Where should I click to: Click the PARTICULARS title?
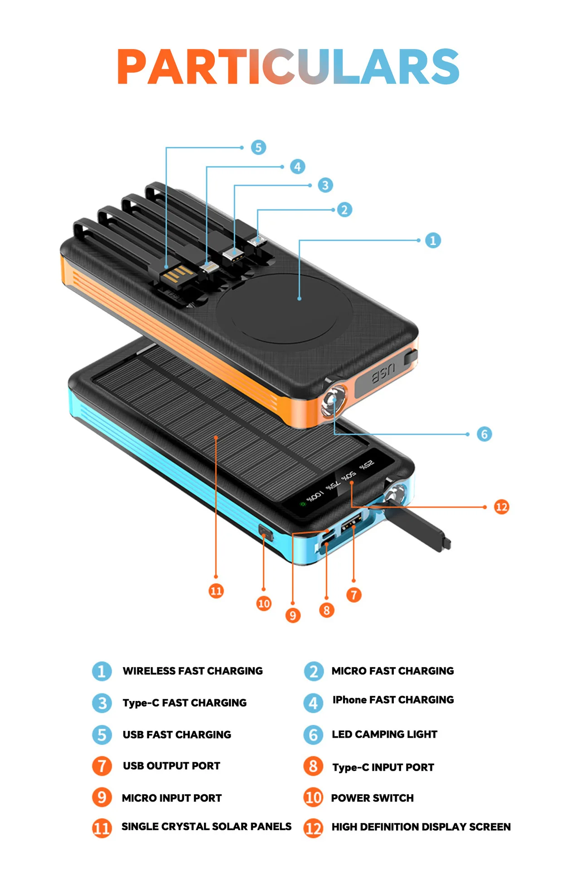click(288, 67)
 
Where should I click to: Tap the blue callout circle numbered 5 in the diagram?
click(258, 147)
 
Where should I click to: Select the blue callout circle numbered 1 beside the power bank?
click(433, 240)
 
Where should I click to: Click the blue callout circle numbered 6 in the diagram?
click(484, 434)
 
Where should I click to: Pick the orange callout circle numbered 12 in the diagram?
click(501, 507)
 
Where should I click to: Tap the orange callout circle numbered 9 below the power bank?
click(293, 615)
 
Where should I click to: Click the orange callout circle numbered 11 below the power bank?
click(216, 591)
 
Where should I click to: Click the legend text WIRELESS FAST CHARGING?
click(193, 671)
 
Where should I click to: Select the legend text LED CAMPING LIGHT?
click(384, 734)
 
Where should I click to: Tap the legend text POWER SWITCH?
click(372, 798)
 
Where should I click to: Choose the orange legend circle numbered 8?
click(313, 766)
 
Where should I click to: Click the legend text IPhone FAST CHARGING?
click(393, 700)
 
